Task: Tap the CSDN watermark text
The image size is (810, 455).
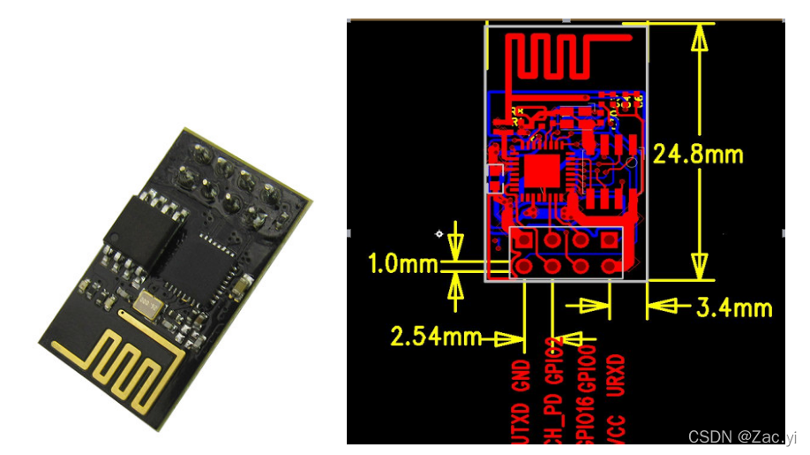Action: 742,436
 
